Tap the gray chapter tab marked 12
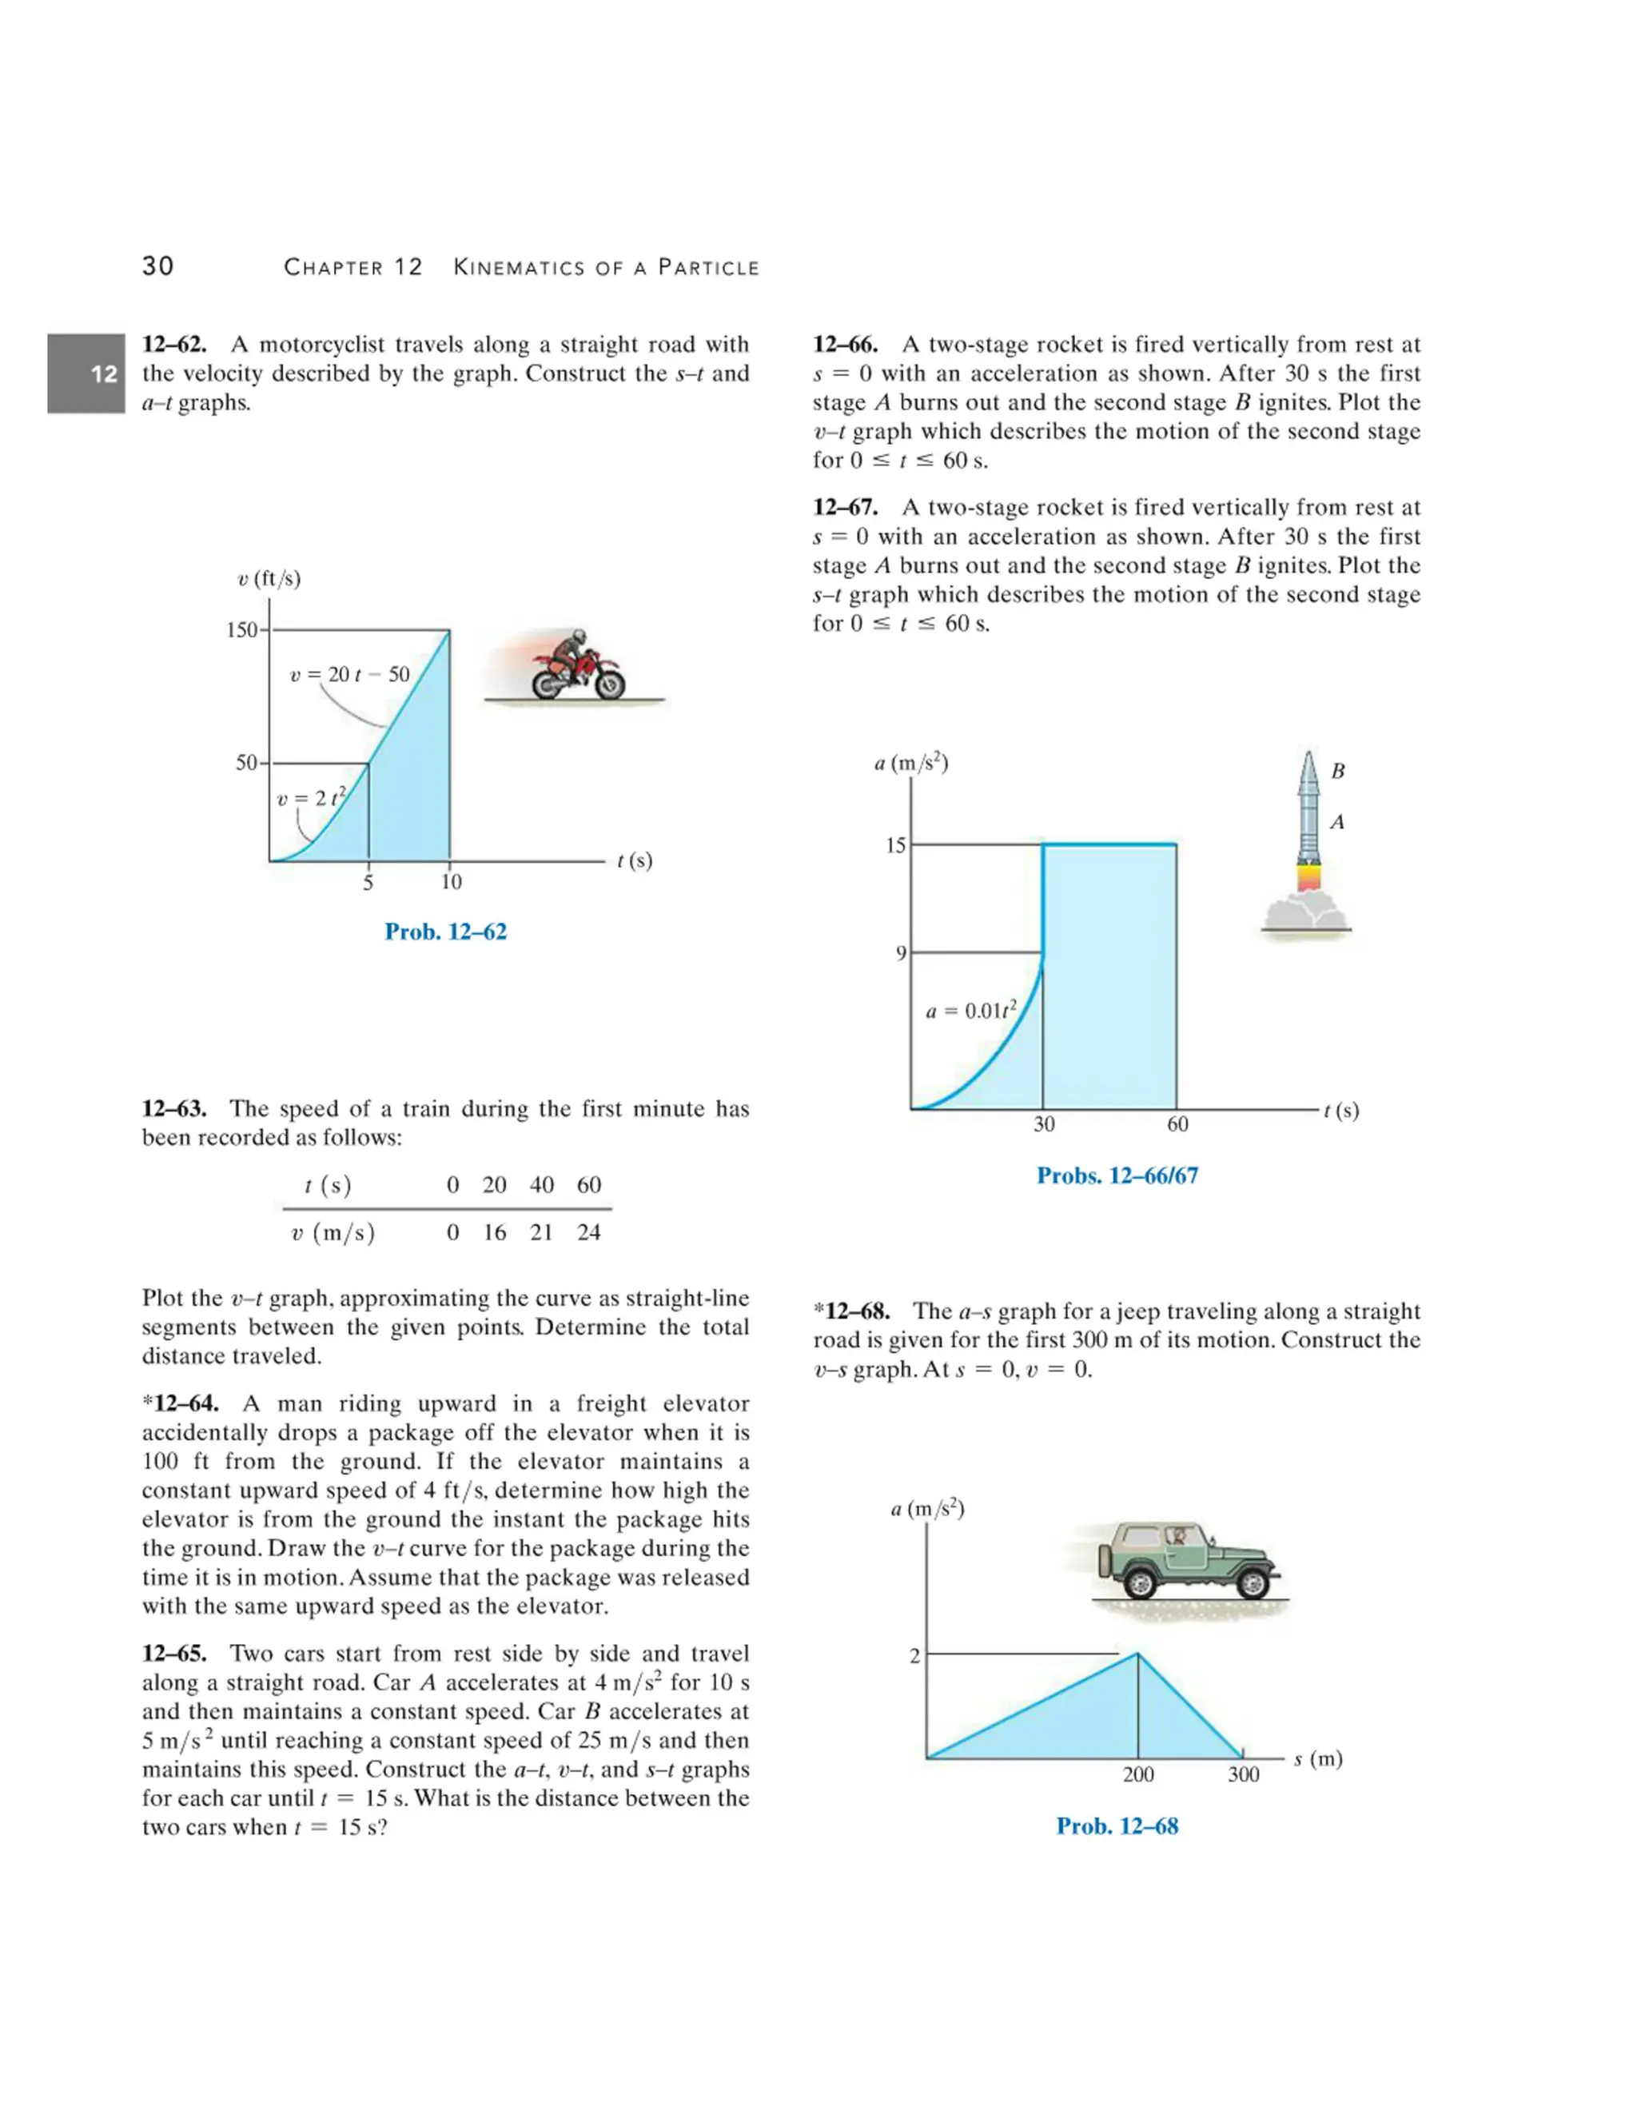click(x=86, y=373)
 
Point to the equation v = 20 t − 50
click(x=349, y=674)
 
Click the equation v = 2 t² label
click(x=310, y=799)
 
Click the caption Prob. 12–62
click(x=445, y=932)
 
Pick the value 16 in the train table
click(x=495, y=1232)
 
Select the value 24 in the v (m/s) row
click(x=588, y=1232)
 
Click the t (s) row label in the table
click(x=328, y=1185)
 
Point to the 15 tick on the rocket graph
click(x=895, y=845)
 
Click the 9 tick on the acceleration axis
click(x=901, y=954)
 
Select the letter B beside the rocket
click(x=1337, y=772)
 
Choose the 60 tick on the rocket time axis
click(x=1177, y=1124)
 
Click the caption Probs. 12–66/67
click(x=1117, y=1176)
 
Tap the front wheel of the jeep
click(x=1252, y=1583)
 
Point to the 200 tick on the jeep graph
click(x=1137, y=1775)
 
